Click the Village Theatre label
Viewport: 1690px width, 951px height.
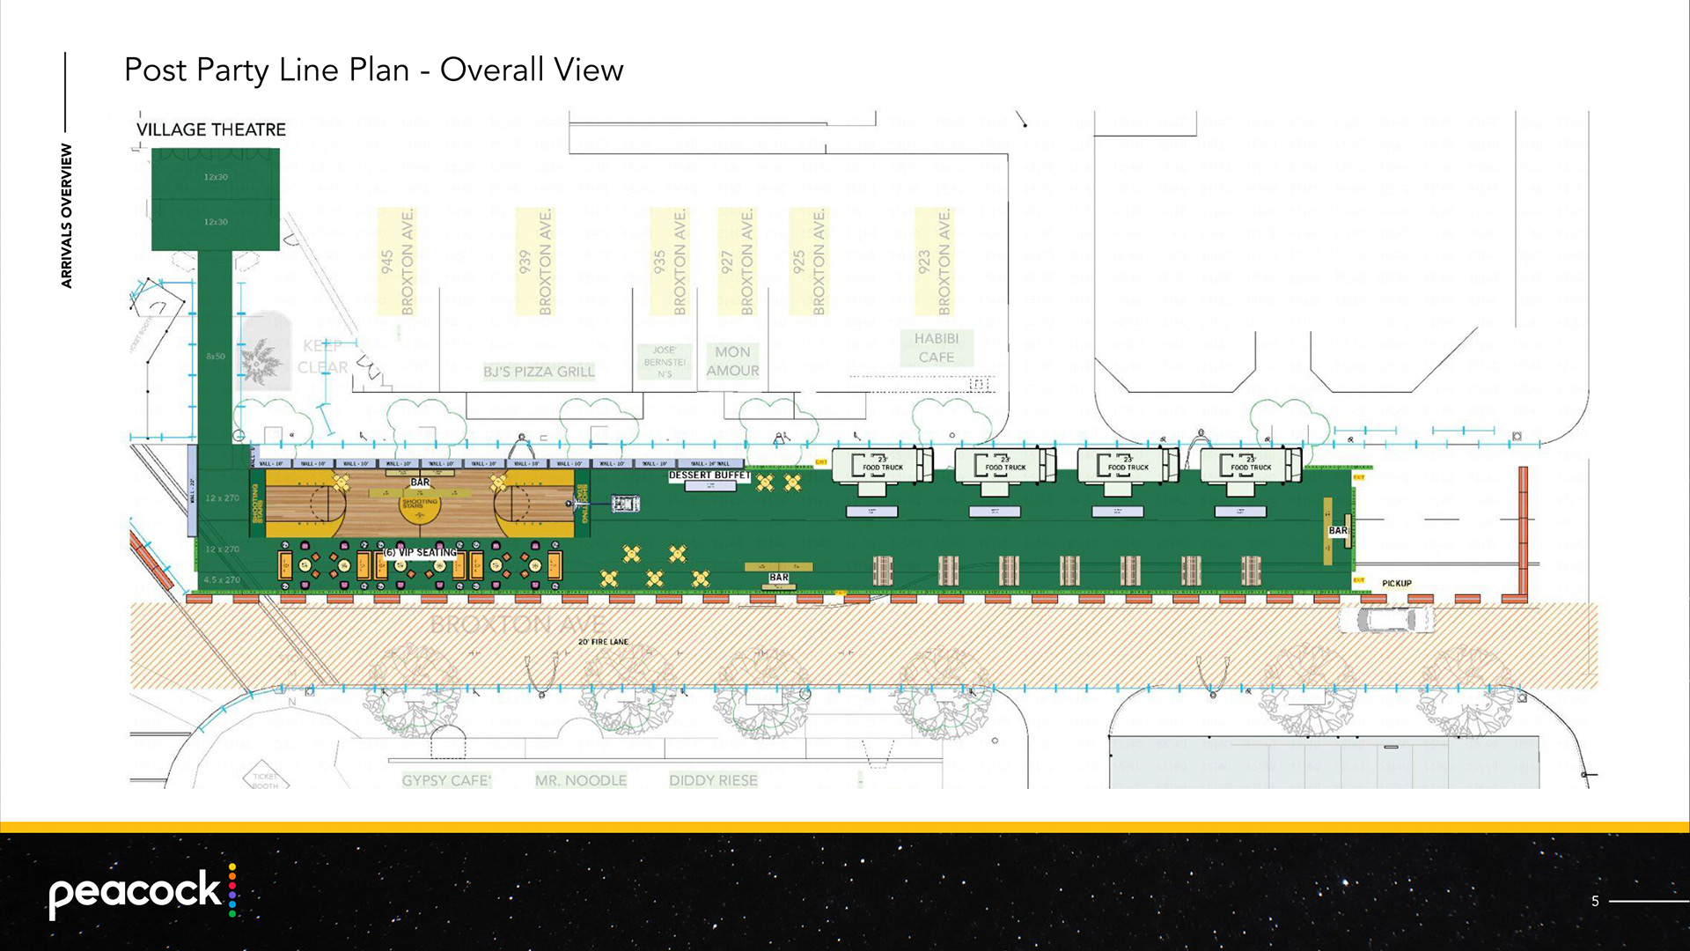tap(210, 129)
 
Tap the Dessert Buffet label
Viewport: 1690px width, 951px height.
tap(709, 475)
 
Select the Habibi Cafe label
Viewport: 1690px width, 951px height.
tap(937, 348)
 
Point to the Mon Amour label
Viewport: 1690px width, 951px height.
tap(732, 361)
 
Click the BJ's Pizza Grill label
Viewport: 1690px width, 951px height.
tap(539, 372)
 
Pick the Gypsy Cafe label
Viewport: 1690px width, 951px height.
tap(446, 780)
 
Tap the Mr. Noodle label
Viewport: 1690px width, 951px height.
tap(581, 780)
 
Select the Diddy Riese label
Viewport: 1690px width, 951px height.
tap(713, 780)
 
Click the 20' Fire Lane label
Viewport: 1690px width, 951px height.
tap(603, 642)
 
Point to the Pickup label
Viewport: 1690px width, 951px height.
tap(1396, 584)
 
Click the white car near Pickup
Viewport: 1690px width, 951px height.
tap(1385, 619)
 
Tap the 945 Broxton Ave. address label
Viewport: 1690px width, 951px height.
tap(396, 262)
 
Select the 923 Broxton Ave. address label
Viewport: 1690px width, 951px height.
tap(934, 262)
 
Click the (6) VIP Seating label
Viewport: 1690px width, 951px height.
tap(421, 552)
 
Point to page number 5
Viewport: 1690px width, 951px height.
tap(1595, 901)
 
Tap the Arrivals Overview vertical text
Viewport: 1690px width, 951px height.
tap(67, 216)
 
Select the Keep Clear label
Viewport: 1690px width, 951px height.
tap(323, 357)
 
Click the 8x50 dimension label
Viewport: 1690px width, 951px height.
tap(216, 357)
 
